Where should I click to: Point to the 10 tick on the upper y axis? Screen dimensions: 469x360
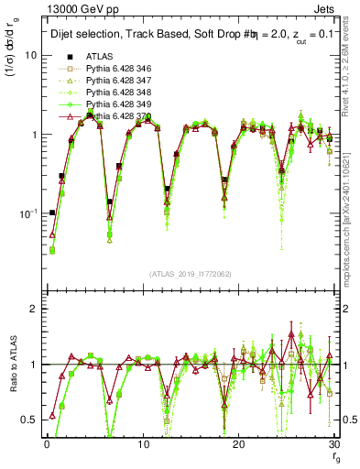31,55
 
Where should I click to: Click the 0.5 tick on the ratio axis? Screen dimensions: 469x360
29,420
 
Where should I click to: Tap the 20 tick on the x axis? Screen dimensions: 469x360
238,443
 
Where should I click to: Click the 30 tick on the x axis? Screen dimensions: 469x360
333,443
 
